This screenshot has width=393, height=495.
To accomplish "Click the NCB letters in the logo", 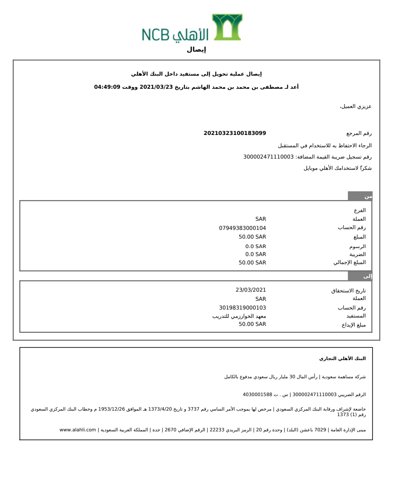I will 155,35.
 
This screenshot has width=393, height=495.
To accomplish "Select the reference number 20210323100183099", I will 235,133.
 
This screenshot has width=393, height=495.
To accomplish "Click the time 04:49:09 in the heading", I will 107,87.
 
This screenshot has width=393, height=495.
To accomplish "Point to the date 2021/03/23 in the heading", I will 156,87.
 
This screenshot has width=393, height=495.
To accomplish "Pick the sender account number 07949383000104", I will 242,228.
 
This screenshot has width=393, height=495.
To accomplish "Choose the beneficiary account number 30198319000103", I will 242,308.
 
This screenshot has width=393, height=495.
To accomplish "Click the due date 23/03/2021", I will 251,290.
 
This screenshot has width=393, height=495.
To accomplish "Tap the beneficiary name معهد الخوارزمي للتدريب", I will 239,316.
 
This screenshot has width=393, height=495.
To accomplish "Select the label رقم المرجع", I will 359,133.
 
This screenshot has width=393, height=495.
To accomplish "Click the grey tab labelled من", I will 360,196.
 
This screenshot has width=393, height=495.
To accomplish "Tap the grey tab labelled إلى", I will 360,276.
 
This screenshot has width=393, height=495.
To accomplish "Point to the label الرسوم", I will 358,247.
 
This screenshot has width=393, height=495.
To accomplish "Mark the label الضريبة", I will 358,255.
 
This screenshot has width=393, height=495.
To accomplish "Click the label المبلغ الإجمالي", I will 350,263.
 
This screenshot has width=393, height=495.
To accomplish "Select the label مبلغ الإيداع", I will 354,325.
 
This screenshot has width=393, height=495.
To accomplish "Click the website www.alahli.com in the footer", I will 78,430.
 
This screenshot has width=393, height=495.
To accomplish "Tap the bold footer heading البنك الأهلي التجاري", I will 342,359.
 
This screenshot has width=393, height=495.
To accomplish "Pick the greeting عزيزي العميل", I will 356,107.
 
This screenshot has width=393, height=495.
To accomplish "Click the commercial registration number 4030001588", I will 257,395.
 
